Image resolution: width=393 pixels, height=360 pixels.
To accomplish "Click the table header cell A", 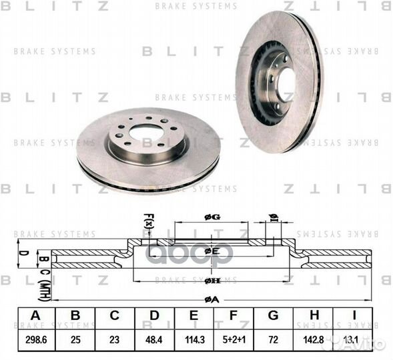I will pyautogui.click(x=34, y=316).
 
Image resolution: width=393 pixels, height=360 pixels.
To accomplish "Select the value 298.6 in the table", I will pyautogui.click(x=34, y=340).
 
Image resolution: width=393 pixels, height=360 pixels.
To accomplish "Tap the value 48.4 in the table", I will pyautogui.click(x=154, y=340).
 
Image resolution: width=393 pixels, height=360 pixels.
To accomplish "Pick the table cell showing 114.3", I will pyautogui.click(x=193, y=340).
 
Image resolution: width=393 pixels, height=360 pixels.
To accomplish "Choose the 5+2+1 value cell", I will pyautogui.click(x=233, y=340).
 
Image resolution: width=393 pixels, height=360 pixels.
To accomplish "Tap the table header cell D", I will pyautogui.click(x=154, y=316).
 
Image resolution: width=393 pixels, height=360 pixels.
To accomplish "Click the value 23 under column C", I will pyautogui.click(x=115, y=340).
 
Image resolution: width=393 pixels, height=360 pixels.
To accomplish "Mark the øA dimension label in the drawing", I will pyautogui.click(x=212, y=299).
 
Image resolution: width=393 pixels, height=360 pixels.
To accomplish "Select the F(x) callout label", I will pyautogui.click(x=149, y=218).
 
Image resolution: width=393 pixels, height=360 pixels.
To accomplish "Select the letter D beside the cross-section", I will pyautogui.click(x=21, y=253).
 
